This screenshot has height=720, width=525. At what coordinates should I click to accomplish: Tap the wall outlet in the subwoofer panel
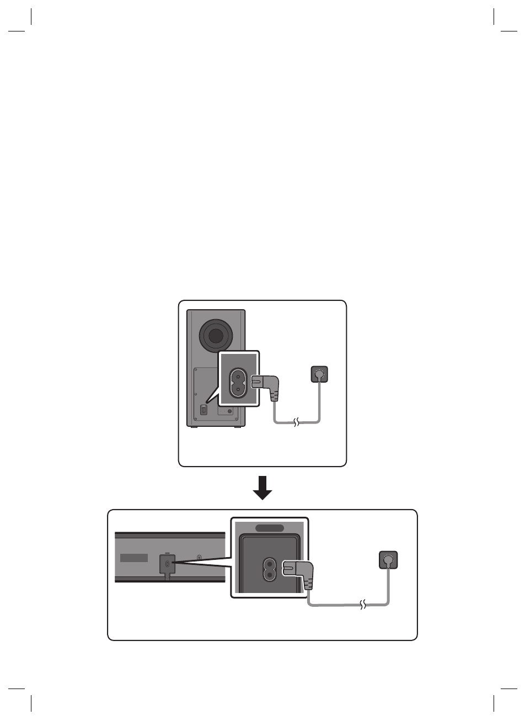pos(319,375)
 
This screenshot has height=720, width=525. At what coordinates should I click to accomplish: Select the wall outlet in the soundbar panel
pos(388,560)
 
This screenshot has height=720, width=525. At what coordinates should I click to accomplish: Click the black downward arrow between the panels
pos(262,488)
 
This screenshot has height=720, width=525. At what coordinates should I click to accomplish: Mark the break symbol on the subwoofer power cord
pos(297,423)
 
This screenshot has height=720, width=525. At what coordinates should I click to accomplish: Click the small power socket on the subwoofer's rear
pos(203,410)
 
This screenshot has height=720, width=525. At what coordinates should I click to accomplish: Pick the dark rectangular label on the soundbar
pos(134,558)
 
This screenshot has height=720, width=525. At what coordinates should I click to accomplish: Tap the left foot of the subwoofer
pos(193,426)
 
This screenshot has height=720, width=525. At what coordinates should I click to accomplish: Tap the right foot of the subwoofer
pos(238,426)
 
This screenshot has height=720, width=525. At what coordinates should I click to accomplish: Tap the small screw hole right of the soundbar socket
pos(199,558)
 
